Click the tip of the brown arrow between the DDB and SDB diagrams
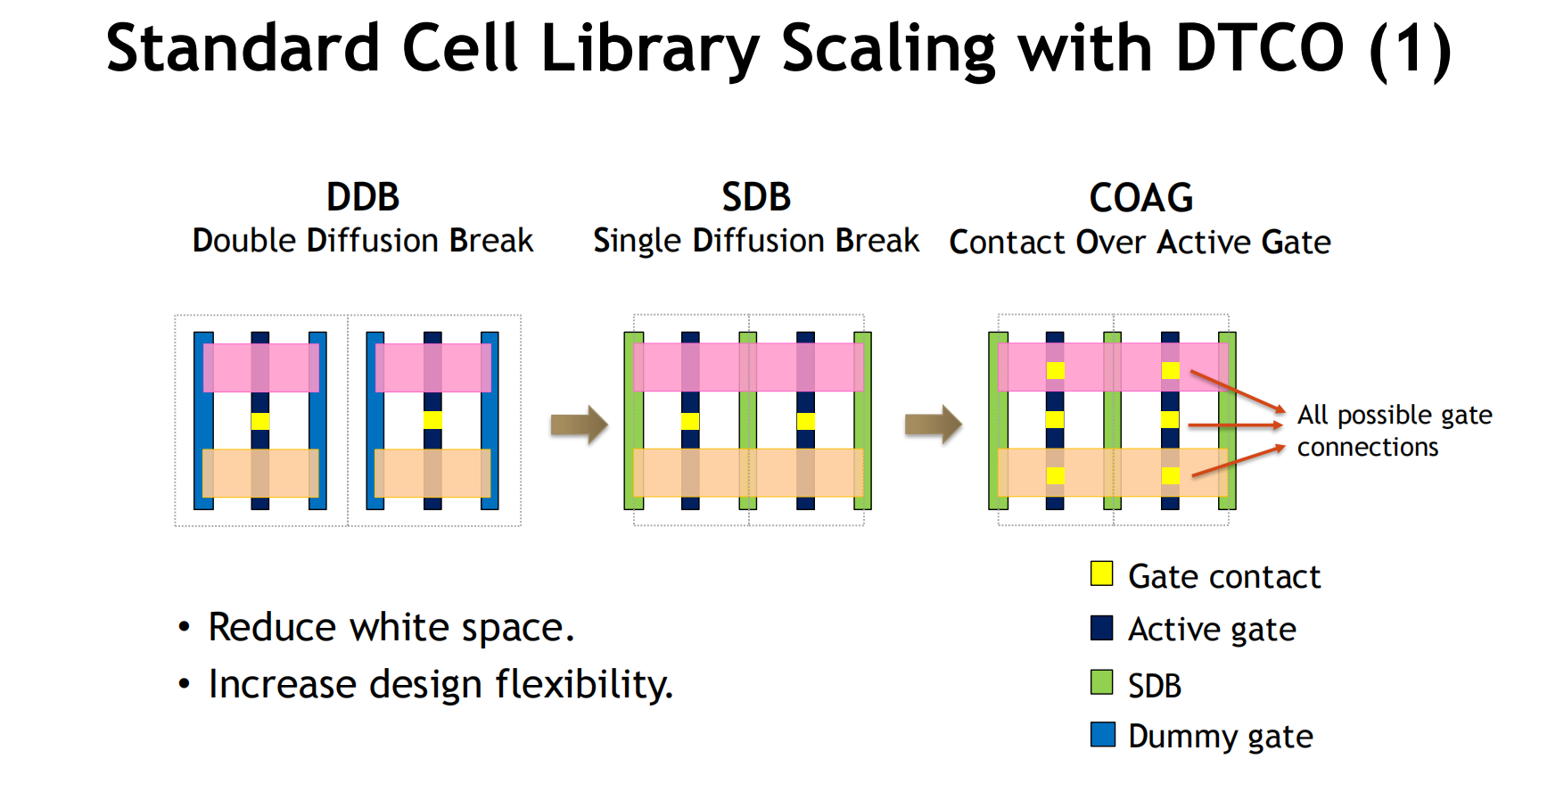tap(608, 425)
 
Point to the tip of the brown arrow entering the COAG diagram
tap(962, 425)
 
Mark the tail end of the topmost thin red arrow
tap(1191, 372)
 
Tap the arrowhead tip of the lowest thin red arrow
tap(1285, 447)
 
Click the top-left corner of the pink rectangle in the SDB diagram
tap(633, 343)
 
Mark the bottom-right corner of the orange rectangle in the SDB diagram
tap(864, 496)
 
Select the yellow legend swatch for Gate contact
tap(1102, 573)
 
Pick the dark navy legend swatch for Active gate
tap(1102, 628)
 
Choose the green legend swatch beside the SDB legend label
tap(1102, 682)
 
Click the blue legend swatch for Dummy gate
tap(1102, 734)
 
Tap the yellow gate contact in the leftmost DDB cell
tap(260, 421)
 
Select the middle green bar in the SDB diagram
tap(748, 421)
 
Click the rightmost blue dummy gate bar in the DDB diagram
tap(490, 421)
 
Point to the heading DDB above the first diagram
tap(363, 197)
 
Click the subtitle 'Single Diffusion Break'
tap(756, 241)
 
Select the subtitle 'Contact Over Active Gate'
tap(1140, 242)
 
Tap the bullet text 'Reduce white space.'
tap(391, 627)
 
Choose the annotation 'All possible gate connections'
tap(1395, 431)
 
